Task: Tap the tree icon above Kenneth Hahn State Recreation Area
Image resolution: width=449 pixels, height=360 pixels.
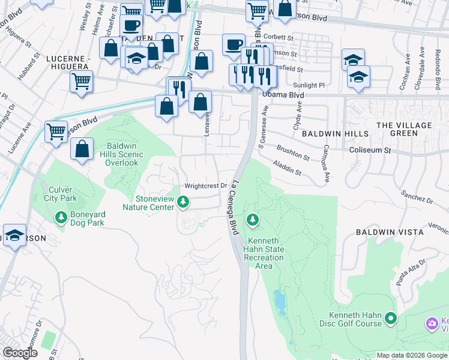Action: [x=253, y=220]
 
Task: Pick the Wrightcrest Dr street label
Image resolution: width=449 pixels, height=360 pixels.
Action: [x=206, y=186]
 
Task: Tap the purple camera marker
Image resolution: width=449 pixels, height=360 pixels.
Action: [x=432, y=324]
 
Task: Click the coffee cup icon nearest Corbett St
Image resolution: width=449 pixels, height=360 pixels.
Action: [x=234, y=44]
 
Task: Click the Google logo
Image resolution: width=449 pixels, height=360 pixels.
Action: [x=20, y=353]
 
